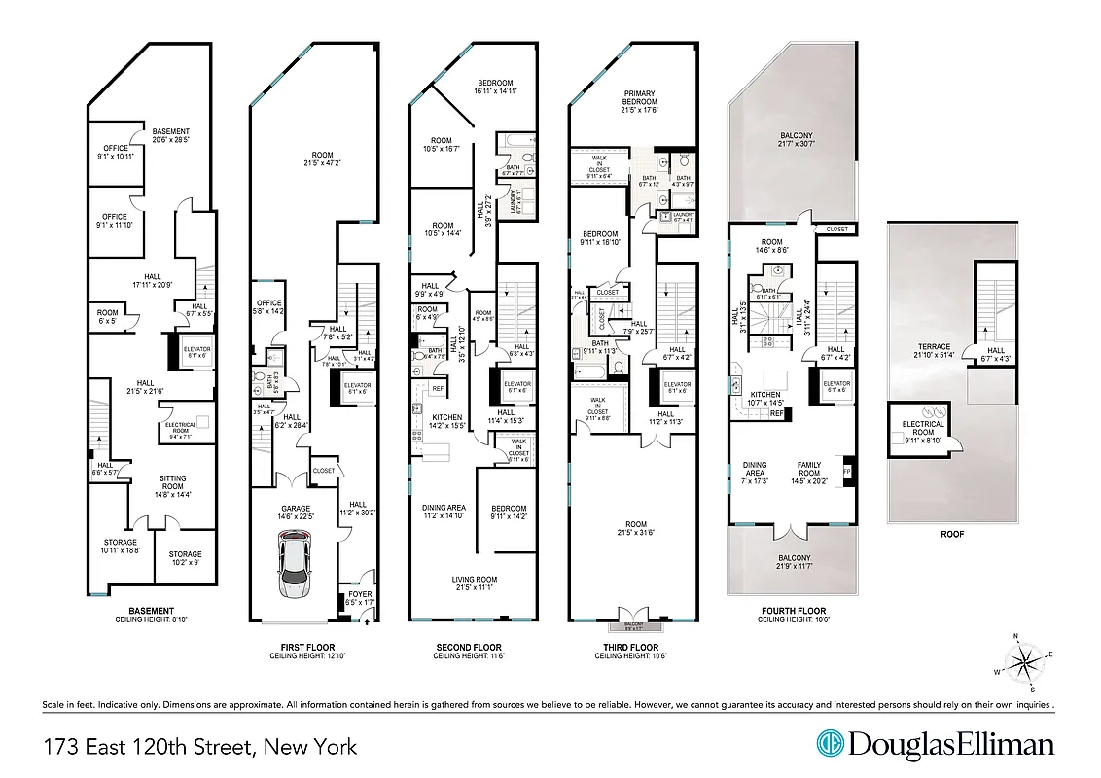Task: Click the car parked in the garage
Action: [x=292, y=570]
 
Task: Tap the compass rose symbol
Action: [x=1024, y=663]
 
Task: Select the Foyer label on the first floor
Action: [x=359, y=598]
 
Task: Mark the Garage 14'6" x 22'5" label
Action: [x=296, y=513]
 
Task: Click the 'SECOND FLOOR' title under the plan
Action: [x=468, y=648]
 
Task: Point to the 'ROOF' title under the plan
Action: [x=952, y=534]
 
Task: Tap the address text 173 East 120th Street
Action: [x=200, y=747]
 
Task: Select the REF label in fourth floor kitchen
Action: [x=777, y=413]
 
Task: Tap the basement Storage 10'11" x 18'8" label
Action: [x=122, y=547]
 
